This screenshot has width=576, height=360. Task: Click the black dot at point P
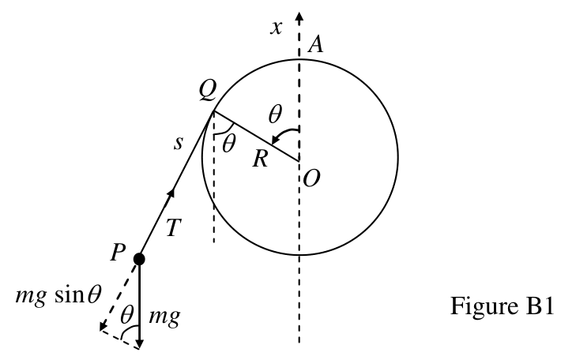pos(139,259)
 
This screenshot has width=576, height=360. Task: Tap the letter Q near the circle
pos(208,91)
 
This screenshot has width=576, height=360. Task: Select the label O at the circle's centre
pos(312,179)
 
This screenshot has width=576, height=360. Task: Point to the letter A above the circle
pos(315,45)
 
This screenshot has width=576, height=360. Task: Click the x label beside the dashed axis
pos(277,28)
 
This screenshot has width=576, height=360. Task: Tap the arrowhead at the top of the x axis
pos(299,17)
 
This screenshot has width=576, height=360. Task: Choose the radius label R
pos(260,159)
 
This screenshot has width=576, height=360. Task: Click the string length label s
pos(178,143)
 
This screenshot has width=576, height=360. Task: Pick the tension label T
pos(174,227)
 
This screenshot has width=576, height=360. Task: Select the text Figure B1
pos(502,306)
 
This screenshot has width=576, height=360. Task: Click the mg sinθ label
pos(58,295)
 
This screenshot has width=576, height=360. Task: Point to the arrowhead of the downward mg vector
pos(139,343)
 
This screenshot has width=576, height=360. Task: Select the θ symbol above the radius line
pos(275,114)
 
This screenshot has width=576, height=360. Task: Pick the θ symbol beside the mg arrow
pos(126,315)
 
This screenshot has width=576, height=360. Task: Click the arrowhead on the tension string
pos(171,194)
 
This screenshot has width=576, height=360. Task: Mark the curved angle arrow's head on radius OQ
pos(274,141)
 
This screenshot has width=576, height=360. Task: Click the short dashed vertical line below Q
pos(214,177)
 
